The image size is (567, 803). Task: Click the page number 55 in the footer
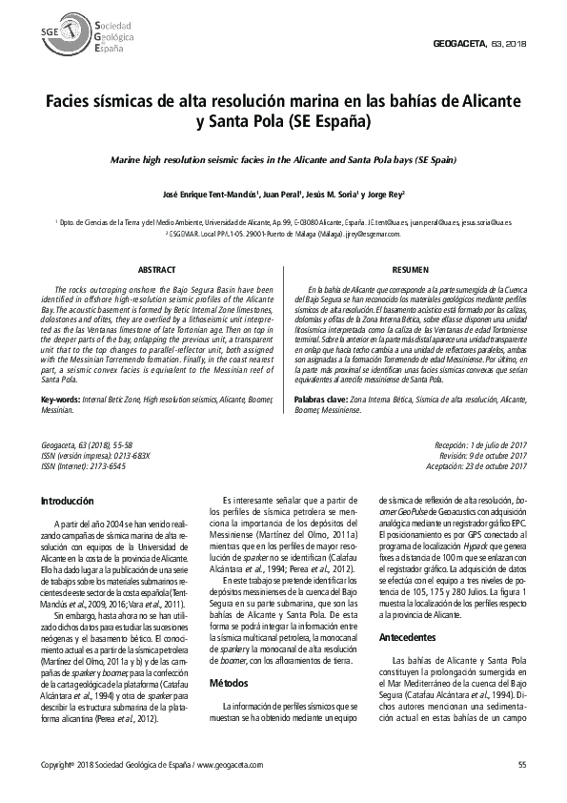point(521,765)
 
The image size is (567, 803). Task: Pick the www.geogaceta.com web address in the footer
point(229,765)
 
